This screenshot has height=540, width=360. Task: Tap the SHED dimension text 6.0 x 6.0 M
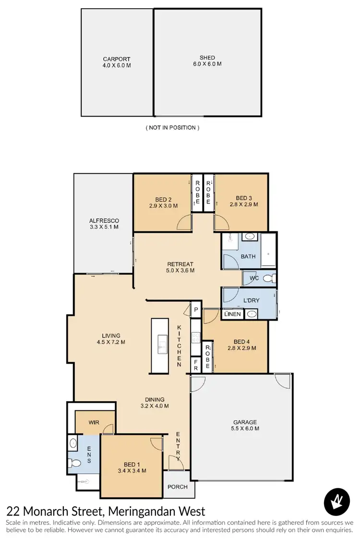point(207,64)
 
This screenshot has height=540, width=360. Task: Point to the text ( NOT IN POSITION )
point(172,128)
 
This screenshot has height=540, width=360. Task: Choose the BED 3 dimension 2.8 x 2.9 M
point(244,204)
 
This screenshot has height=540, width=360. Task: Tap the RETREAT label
point(180,264)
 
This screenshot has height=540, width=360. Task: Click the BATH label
point(248,256)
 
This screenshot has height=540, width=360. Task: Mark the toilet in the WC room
point(270,278)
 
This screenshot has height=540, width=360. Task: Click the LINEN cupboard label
point(233,314)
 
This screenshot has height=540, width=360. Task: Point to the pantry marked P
point(196,310)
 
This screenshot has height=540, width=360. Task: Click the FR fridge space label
point(196,368)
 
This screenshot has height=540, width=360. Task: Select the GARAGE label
point(245,422)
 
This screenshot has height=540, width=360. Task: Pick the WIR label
point(94,423)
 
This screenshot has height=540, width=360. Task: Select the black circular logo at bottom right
point(338,502)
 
